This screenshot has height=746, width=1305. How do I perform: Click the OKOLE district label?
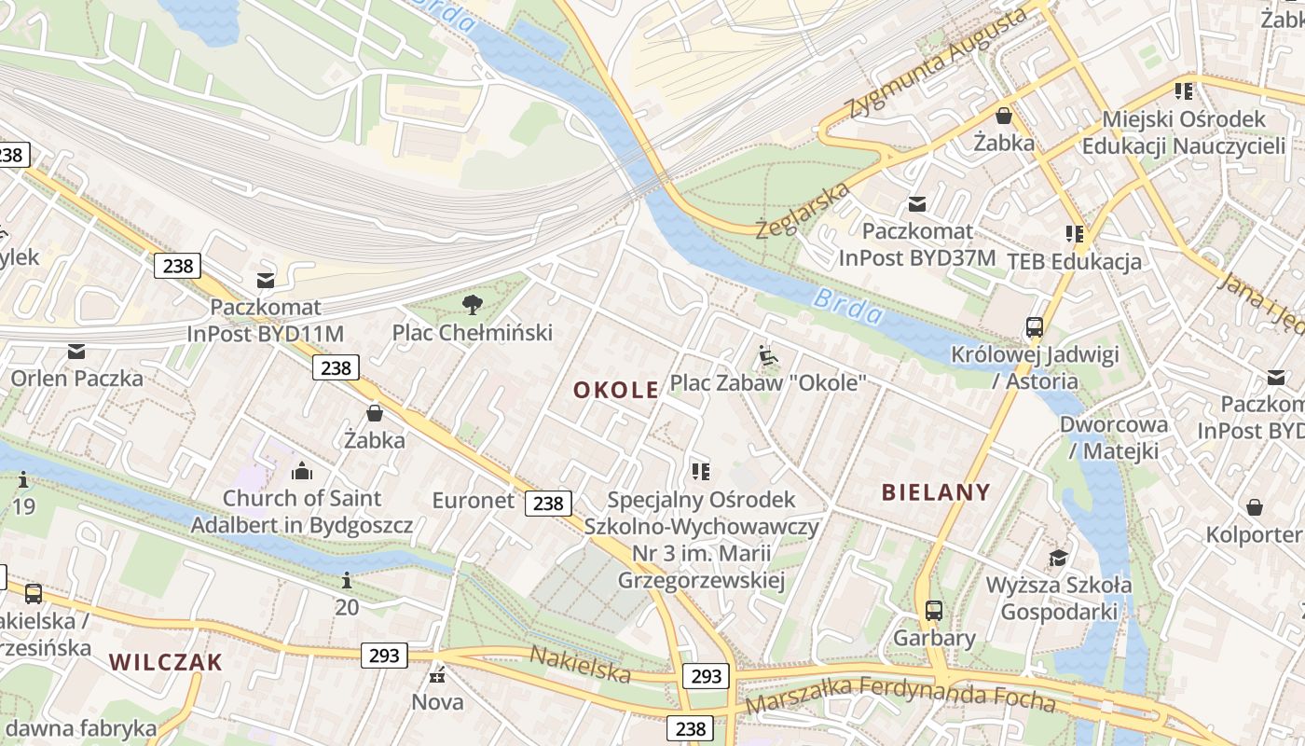616,390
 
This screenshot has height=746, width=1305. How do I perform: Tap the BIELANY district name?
936,492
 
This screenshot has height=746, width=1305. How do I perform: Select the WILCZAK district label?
166,662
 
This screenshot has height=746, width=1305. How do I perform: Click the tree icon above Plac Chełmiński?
473,304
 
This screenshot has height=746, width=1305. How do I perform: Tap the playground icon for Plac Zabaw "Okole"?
768,355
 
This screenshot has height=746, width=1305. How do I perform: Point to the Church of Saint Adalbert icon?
301,471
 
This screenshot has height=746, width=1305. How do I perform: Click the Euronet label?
473,501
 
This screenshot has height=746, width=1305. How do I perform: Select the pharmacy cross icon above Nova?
437,675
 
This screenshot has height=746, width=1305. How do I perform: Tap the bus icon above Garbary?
934,611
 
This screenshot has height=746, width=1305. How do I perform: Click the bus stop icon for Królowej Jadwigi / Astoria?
1035,327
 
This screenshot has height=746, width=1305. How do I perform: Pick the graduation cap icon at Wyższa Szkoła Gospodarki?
1058,559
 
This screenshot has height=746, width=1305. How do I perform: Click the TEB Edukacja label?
1074,261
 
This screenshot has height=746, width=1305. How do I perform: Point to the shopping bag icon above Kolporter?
1255,507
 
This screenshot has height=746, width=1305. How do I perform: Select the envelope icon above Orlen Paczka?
76,352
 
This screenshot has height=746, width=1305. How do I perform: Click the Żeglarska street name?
803,210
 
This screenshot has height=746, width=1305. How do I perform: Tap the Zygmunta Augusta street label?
938,62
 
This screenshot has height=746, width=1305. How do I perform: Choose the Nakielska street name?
580,663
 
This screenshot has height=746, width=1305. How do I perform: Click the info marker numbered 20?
347,581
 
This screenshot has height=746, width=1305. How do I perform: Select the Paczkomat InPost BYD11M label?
266,320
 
